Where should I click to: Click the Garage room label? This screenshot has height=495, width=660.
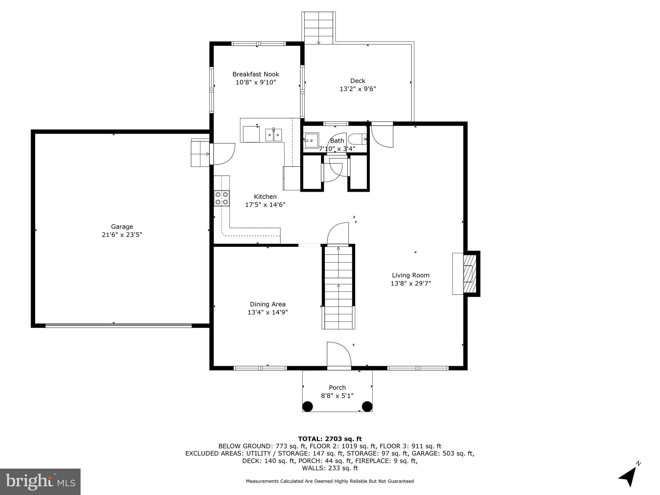coord(122,227)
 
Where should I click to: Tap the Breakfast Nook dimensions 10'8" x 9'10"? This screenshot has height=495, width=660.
coord(256,82)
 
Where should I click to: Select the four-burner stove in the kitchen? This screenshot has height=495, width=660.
coord(222,198)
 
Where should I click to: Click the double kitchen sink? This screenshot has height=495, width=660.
coord(274,135)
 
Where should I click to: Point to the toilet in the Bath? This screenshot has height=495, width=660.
coord(358,139)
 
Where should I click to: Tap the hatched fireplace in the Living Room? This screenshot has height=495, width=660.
coord(469,273)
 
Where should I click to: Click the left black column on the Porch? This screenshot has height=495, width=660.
coord(307,406)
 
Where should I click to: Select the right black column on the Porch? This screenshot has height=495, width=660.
coord(367,406)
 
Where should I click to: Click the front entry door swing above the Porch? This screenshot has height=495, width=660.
coord(338,355)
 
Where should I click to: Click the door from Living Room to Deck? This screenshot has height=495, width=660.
coord(382,135)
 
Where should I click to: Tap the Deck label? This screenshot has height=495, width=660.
coord(358,81)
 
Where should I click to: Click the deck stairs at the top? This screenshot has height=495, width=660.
coord(318,28)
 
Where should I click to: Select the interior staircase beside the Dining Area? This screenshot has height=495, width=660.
coord(338,287)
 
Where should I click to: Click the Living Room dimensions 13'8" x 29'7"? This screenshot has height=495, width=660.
coord(411,284)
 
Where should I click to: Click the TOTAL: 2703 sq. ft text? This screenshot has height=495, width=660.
coord(330,439)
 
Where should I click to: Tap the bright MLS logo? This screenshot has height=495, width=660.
coord(40,481)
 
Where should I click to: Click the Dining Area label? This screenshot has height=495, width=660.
coord(267,304)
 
